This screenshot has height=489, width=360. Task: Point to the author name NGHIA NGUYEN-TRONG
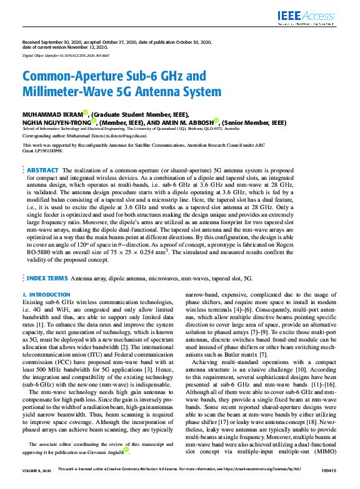coord(59,123)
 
